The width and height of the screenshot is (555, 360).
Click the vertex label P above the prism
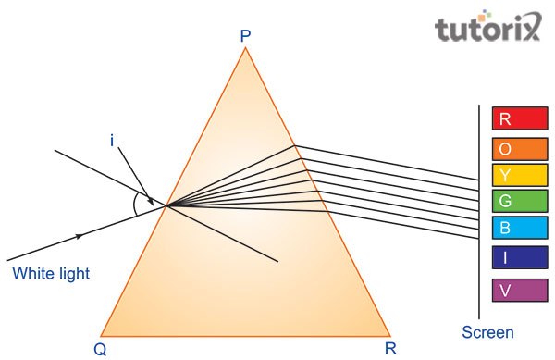pyautogui.click(x=245, y=36)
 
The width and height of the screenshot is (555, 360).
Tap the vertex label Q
pyautogui.click(x=98, y=348)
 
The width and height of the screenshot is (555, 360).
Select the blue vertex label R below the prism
pyautogui.click(x=391, y=348)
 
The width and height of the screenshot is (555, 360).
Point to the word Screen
pyautogui.click(x=487, y=332)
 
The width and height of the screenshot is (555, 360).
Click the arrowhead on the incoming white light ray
pyautogui.click(x=80, y=235)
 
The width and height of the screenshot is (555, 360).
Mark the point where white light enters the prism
pyautogui.click(x=166, y=205)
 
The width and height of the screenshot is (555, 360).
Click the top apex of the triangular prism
pyautogui.click(x=245, y=48)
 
